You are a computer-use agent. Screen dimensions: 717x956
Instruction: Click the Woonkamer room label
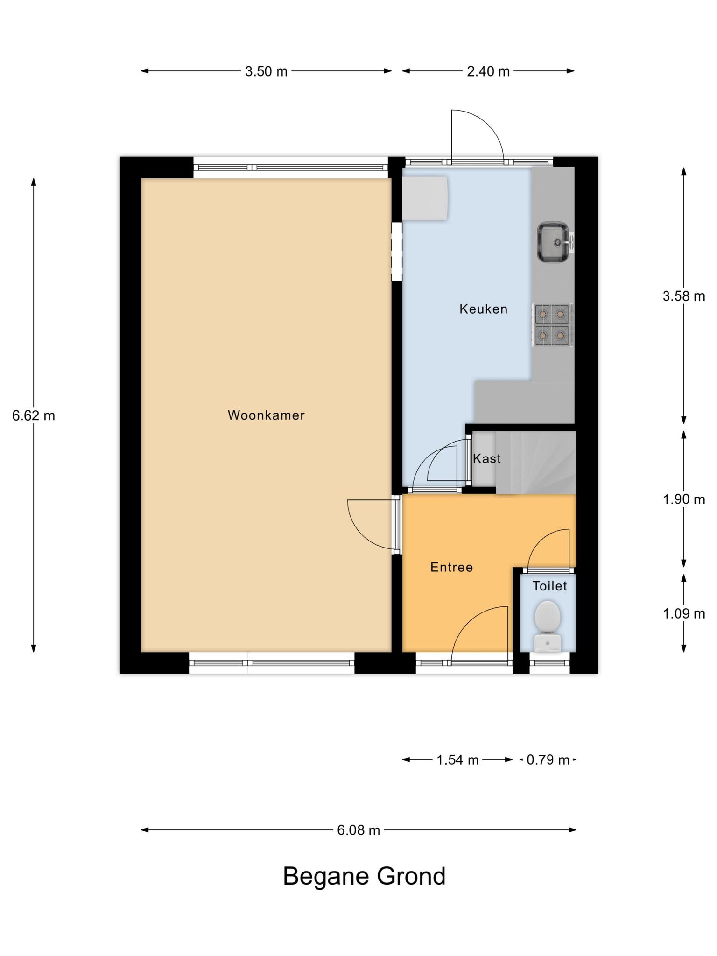[266, 415]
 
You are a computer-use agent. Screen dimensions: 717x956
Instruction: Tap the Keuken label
[483, 309]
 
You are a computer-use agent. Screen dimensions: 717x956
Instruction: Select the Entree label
[451, 567]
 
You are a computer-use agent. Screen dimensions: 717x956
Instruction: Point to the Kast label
[487, 458]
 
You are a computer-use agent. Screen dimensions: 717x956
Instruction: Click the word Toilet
[550, 586]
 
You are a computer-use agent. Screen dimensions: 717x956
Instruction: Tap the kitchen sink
[555, 242]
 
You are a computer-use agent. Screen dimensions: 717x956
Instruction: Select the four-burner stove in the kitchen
[553, 325]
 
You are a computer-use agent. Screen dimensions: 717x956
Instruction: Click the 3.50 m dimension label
[266, 71]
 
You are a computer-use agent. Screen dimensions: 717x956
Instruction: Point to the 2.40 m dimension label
[488, 71]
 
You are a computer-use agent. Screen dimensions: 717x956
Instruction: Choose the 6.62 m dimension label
[34, 415]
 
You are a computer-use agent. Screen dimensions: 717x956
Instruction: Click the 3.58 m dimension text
[684, 296]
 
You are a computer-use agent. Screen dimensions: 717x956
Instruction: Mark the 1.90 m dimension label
[684, 499]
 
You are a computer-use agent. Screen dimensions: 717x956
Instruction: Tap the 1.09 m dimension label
[684, 613]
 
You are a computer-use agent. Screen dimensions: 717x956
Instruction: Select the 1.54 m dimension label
[457, 760]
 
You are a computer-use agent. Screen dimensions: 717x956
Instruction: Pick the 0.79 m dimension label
[548, 760]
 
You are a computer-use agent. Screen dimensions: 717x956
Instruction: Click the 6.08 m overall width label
[358, 830]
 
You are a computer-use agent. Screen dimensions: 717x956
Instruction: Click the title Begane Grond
[364, 876]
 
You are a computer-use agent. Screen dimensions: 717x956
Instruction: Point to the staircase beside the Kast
[536, 462]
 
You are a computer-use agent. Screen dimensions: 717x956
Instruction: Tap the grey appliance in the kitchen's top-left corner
[425, 197]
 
